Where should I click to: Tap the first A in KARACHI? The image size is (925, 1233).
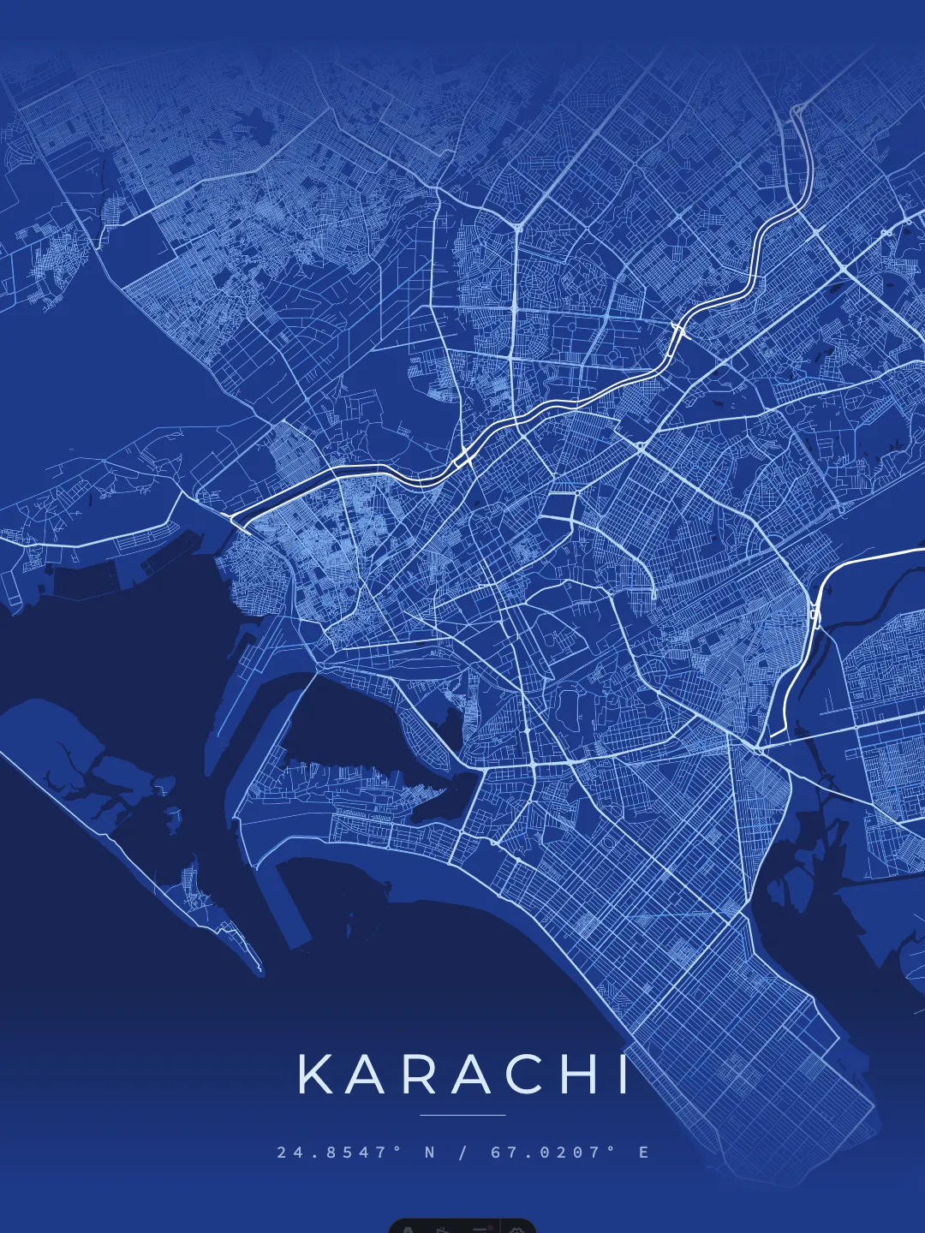(x=369, y=1075)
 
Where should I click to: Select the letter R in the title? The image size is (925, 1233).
(x=421, y=1075)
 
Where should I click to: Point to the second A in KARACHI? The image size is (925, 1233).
(x=472, y=1075)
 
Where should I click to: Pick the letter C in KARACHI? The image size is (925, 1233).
(x=525, y=1075)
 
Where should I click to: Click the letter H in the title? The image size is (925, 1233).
(x=579, y=1075)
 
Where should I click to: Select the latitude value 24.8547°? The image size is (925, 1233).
(x=339, y=1153)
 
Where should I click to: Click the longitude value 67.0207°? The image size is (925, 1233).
(x=553, y=1153)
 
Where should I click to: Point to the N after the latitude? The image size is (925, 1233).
(x=430, y=1153)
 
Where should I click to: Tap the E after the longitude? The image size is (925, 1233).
(x=644, y=1153)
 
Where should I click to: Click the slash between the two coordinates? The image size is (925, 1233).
(x=463, y=1153)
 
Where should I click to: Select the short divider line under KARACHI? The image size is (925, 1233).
(x=462, y=1115)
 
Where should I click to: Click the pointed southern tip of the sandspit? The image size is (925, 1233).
(x=259, y=972)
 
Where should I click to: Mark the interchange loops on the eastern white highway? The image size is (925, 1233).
(x=815, y=613)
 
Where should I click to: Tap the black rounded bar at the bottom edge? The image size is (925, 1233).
(x=462, y=1226)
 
